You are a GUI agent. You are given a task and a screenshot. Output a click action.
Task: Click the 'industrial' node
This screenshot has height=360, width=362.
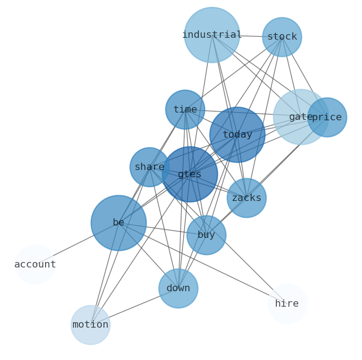pyautogui.click(x=212, y=35)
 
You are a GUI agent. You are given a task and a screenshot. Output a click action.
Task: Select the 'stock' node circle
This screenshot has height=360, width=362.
pyautogui.click(x=282, y=37)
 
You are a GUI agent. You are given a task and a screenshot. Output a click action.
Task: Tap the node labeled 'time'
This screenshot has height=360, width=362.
pyautogui.click(x=185, y=109)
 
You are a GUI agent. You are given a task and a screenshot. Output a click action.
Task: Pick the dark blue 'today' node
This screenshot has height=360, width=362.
pyautogui.click(x=237, y=134)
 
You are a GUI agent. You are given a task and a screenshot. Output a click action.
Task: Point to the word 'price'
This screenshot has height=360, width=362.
pyautogui.click(x=327, y=118)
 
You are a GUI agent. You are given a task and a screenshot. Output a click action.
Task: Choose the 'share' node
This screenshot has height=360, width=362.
pyautogui.click(x=149, y=167)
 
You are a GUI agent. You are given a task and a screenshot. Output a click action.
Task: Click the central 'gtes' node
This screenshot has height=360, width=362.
pyautogui.click(x=190, y=175)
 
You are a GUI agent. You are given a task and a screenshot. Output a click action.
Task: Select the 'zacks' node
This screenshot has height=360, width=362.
pyautogui.click(x=246, y=198)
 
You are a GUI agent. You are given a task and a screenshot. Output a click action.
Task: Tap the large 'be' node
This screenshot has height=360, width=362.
pyautogui.click(x=119, y=223)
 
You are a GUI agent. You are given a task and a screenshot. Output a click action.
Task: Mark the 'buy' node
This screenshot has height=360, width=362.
pyautogui.click(x=206, y=235)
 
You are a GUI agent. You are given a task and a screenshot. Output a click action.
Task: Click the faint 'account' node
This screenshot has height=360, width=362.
pyautogui.click(x=35, y=264)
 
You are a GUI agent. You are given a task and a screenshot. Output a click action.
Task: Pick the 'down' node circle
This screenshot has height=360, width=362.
pyautogui.click(x=178, y=288)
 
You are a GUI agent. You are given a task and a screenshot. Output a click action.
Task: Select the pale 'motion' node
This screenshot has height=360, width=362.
pyautogui.click(x=90, y=325)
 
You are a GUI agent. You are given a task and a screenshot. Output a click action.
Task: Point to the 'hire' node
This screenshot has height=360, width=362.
pyautogui.click(x=287, y=304)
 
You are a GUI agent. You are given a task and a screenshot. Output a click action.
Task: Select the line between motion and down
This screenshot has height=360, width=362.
pyautogui.click(x=134, y=307)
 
